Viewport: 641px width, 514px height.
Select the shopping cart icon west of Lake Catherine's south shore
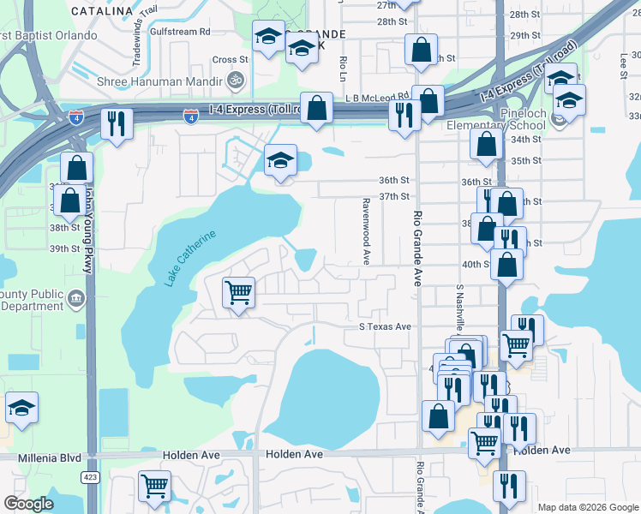coord(237,292)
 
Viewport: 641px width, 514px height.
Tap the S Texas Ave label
coord(385,327)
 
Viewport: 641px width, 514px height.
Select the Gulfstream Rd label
coord(179,32)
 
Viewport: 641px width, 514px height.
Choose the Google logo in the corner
coord(28,504)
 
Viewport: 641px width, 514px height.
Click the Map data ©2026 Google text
coord(587,507)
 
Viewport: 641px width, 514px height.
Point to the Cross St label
coord(230,60)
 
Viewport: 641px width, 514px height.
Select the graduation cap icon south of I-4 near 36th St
coord(279,160)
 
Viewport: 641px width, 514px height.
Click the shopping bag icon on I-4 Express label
coord(316,108)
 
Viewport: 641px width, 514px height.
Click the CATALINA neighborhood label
coord(101,11)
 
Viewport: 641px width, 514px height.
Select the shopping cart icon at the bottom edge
coord(155,486)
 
